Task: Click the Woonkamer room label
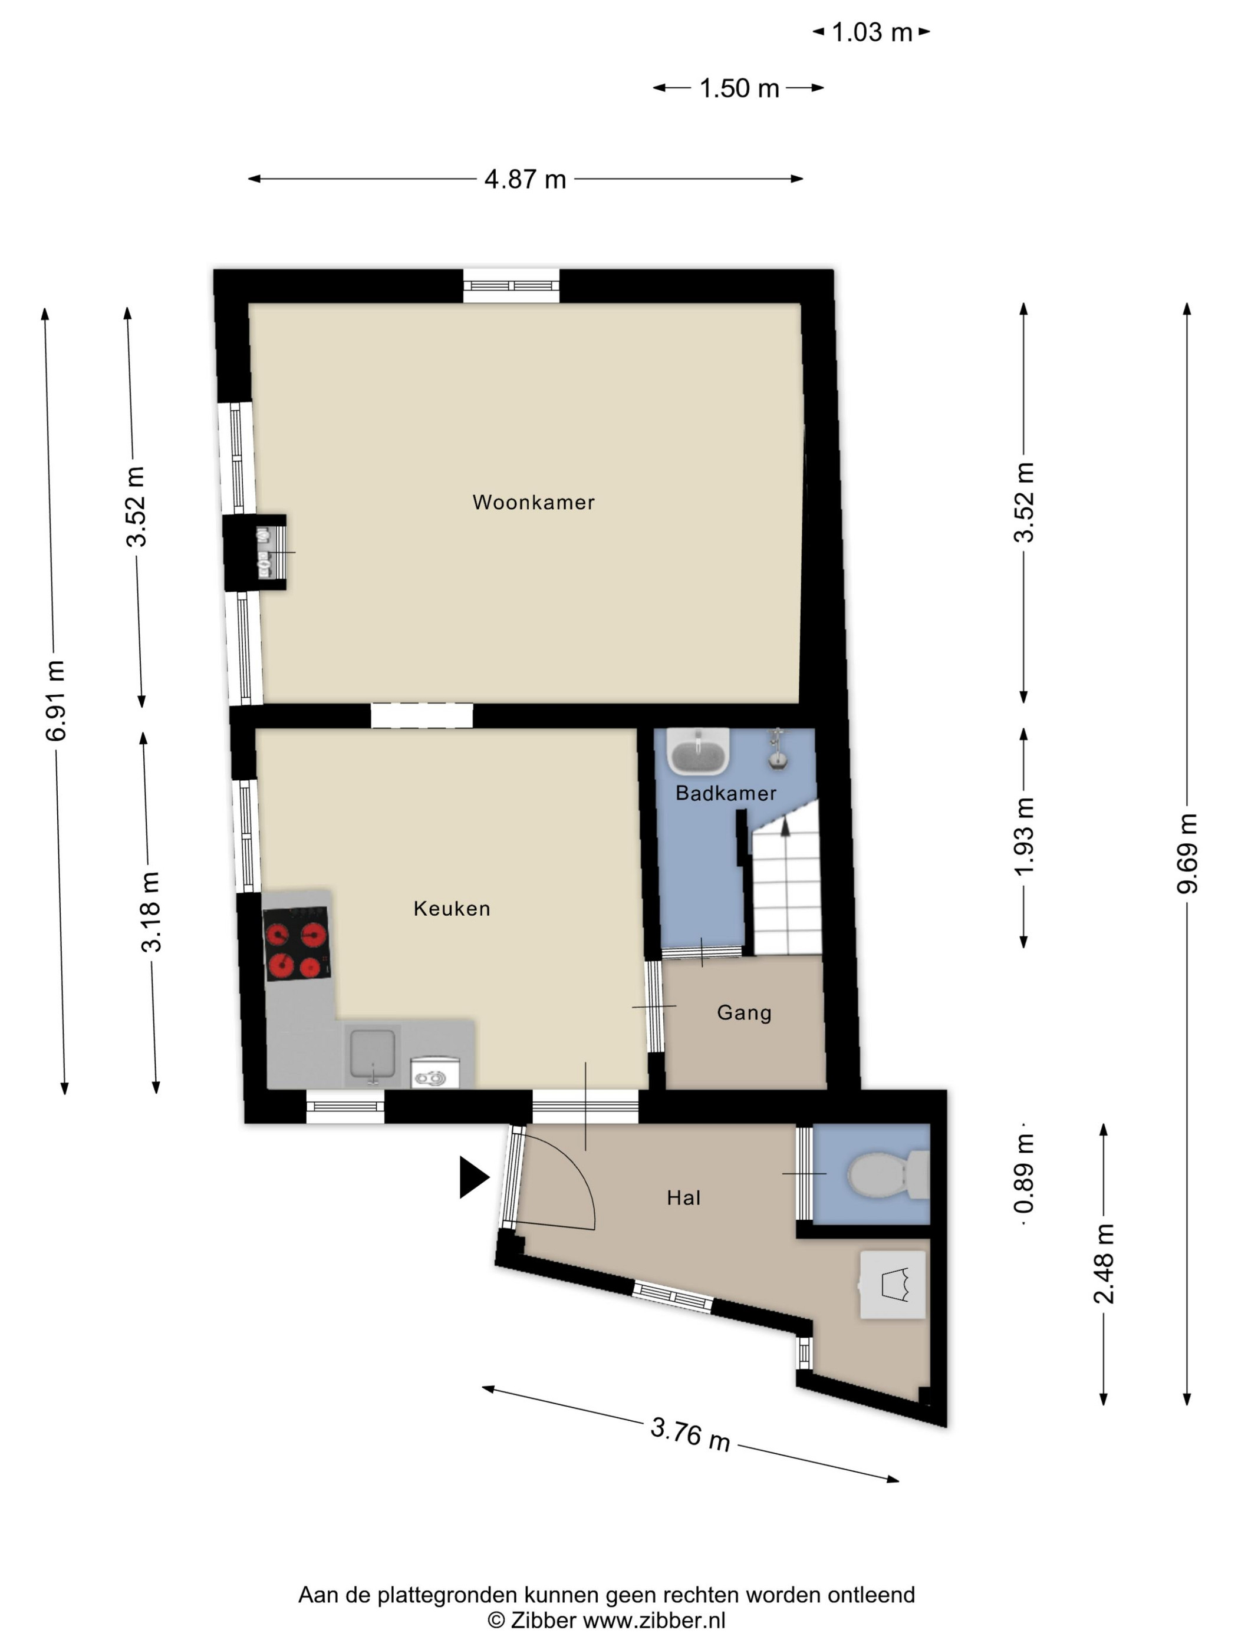pos(534,502)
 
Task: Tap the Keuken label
pos(452,909)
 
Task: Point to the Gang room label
pos(744,1013)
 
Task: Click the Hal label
pos(683,1198)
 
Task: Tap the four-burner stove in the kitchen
pos(297,943)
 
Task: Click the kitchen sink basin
pos(373,1055)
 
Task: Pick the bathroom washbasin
pos(698,751)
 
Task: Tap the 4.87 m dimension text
pos(525,179)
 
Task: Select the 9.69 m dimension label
pos(1187,853)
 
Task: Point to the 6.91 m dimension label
pos(56,701)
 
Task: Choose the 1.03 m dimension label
pos(871,32)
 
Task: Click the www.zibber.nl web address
pos(654,1619)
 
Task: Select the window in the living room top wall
pos(511,286)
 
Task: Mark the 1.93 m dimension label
pos(1024,836)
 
